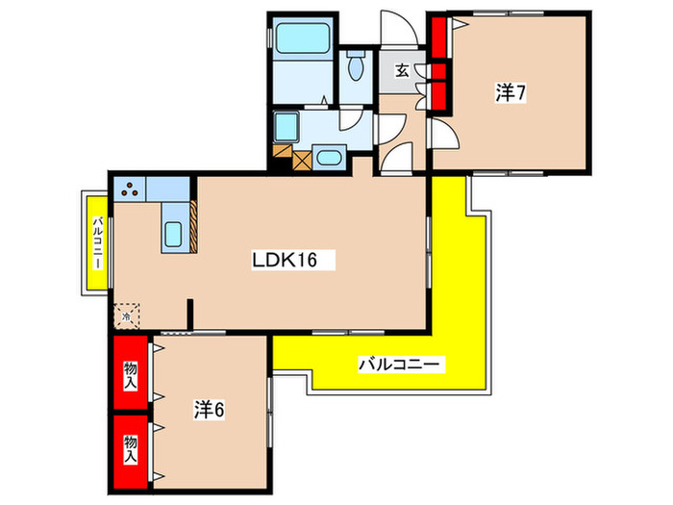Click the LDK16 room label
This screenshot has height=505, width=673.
[285, 260]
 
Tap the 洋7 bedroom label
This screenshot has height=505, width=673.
[511, 92]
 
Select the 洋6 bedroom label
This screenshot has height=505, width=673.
[209, 410]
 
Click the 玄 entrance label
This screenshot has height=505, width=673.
[402, 70]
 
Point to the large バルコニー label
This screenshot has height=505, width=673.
[399, 365]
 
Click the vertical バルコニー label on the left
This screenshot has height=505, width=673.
[98, 242]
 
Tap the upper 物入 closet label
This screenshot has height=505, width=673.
[131, 375]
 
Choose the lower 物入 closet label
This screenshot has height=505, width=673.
[131, 449]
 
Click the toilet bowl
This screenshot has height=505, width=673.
[356, 65]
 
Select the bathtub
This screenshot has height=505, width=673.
[302, 38]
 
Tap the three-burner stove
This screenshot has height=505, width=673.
[130, 189]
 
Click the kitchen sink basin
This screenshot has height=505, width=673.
[173, 234]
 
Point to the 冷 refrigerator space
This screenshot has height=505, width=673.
[127, 316]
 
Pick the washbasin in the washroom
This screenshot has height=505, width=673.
[329, 158]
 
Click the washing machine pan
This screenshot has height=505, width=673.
[287, 127]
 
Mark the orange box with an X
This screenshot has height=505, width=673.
[302, 161]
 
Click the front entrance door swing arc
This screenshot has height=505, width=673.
[399, 27]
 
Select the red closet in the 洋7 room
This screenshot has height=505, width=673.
[439, 63]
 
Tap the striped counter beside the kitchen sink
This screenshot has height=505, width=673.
[193, 226]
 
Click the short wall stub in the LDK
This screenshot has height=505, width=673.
[190, 315]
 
